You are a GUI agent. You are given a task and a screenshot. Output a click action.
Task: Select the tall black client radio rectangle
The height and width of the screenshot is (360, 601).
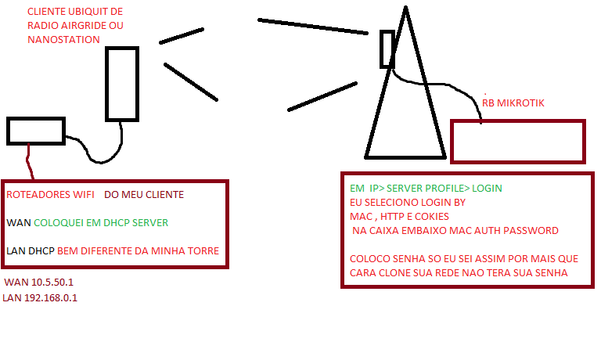pos(122,83)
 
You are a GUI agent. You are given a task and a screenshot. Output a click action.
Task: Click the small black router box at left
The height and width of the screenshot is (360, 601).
pos(36,131)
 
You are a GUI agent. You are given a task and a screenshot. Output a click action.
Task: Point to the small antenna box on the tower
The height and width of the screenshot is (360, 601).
pos(387,49)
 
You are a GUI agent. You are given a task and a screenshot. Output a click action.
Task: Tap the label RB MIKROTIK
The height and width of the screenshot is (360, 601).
pos(513,103)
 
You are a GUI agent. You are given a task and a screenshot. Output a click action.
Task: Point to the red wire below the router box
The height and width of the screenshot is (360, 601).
pos(30,162)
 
